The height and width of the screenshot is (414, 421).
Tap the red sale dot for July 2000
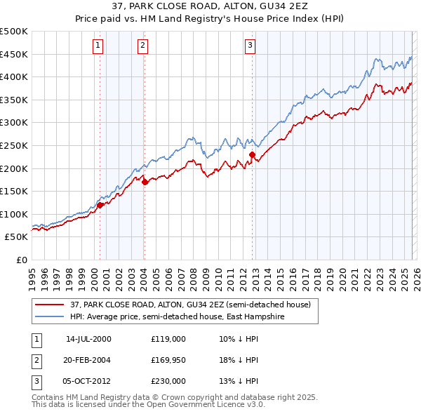click(100, 205)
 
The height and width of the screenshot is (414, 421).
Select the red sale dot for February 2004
click(145, 182)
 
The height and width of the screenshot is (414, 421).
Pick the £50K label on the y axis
click(17, 237)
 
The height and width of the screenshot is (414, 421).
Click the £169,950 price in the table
click(168, 360)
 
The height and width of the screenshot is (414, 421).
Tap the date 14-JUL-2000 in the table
click(88, 338)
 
